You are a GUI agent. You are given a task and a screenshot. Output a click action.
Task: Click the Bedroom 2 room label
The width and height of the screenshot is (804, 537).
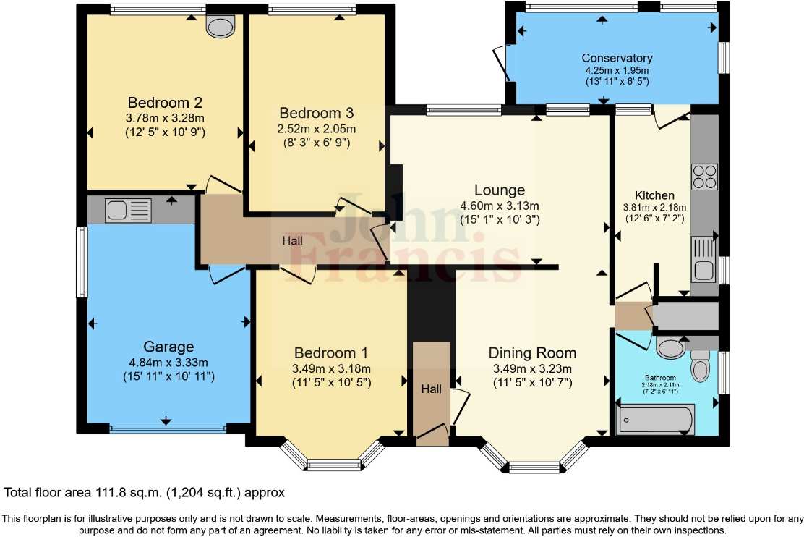165,101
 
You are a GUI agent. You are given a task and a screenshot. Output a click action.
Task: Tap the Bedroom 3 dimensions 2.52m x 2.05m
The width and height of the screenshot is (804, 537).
316,129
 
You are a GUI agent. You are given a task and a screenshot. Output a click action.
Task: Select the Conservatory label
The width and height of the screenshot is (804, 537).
617,58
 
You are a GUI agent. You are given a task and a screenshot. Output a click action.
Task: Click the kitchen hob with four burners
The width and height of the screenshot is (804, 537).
704,177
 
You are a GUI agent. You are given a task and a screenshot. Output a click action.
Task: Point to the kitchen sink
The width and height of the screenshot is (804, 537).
703,260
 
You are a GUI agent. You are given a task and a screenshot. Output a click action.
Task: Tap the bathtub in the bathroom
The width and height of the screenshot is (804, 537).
654,419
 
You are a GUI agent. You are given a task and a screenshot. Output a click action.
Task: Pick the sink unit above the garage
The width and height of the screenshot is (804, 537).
127,211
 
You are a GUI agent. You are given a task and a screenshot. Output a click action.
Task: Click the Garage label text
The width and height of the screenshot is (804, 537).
168,347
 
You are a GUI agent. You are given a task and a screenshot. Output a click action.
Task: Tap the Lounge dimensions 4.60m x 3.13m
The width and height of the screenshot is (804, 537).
500,206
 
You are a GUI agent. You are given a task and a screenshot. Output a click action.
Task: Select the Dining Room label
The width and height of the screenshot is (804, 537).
532,353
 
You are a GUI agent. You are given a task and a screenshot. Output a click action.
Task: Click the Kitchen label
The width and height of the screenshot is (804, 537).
654,195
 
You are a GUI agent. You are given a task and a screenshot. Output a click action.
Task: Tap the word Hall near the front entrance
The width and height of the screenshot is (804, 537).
432,389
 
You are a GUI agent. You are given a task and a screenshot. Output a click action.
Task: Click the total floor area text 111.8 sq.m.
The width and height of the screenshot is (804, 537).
145,493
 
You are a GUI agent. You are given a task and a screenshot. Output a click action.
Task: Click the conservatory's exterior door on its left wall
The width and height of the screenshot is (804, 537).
500,64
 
